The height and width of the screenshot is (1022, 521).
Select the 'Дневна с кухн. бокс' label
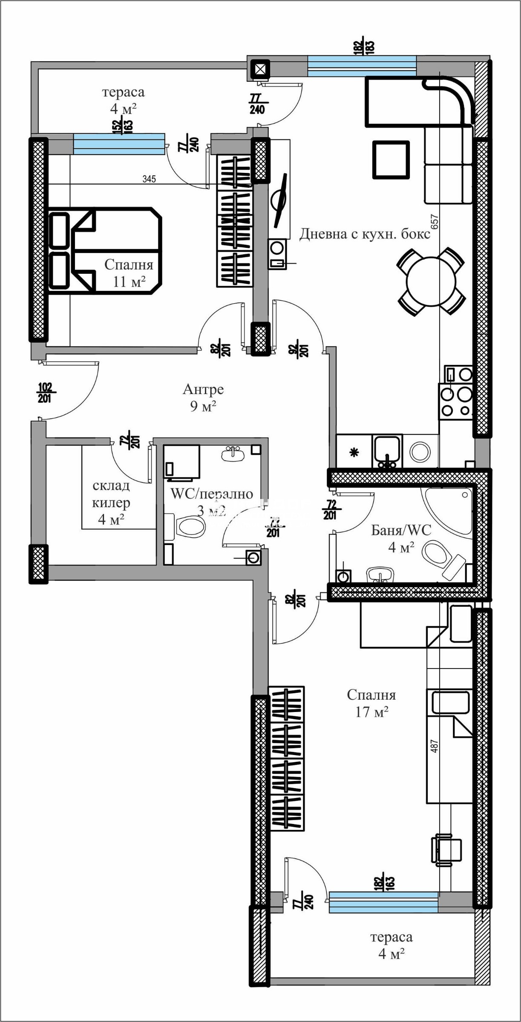click(365, 234)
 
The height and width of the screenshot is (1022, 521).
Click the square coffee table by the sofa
click(391, 159)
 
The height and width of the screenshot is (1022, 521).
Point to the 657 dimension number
click(435, 222)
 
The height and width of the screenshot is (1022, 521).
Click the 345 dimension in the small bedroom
click(149, 179)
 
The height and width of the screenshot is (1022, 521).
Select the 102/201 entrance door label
click(45, 393)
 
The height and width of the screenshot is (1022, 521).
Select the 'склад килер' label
click(111, 502)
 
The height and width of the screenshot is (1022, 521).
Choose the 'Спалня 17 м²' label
click(371, 703)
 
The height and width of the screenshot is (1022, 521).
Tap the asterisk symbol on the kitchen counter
click(354, 452)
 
